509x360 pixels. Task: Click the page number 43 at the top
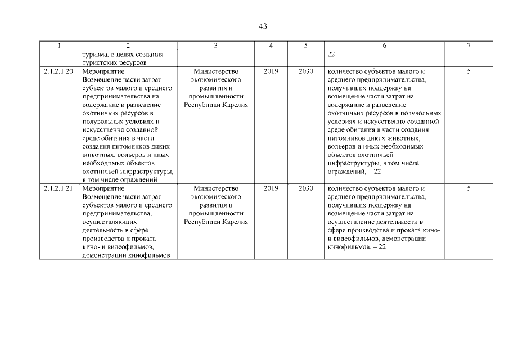click(263, 26)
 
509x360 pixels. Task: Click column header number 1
click(59, 46)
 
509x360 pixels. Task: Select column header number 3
click(216, 46)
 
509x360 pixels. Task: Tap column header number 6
click(384, 46)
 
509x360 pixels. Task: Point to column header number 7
click(469, 46)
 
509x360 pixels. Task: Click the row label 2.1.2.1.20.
click(59, 71)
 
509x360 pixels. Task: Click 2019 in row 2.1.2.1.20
click(271, 71)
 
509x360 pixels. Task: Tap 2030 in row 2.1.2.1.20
click(306, 71)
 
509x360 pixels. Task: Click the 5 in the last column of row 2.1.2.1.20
click(469, 71)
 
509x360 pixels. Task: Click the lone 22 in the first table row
click(331, 55)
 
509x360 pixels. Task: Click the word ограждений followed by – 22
click(345, 171)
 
